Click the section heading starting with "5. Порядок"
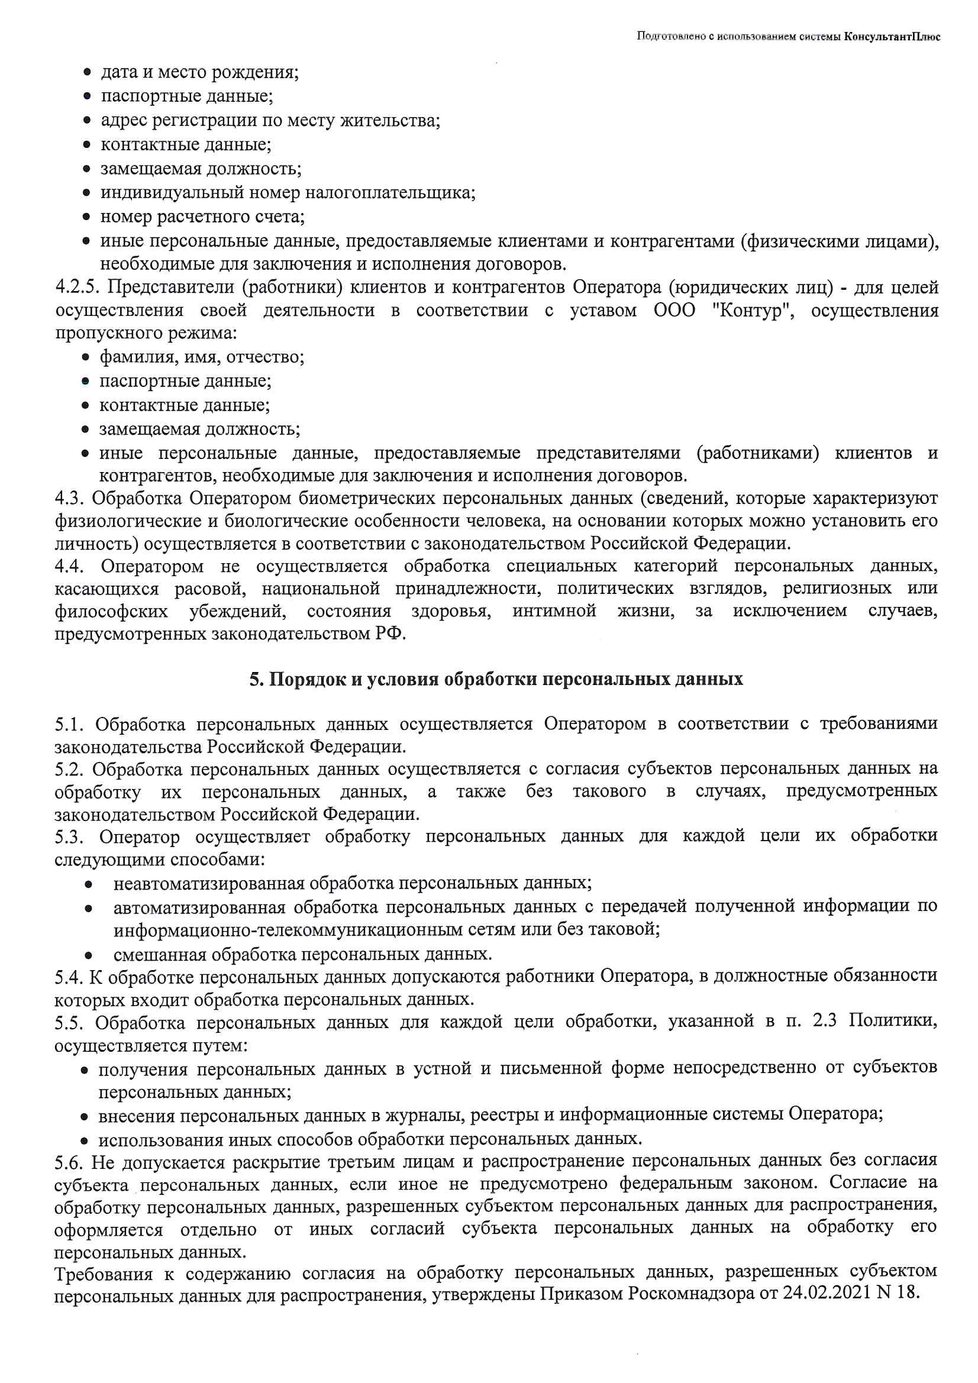tap(496, 680)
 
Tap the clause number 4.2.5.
tap(76, 287)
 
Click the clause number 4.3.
tap(69, 499)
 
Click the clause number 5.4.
tap(69, 976)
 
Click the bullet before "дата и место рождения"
tap(88, 73)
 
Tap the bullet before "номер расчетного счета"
tap(88, 217)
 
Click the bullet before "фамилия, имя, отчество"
tap(88, 358)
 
